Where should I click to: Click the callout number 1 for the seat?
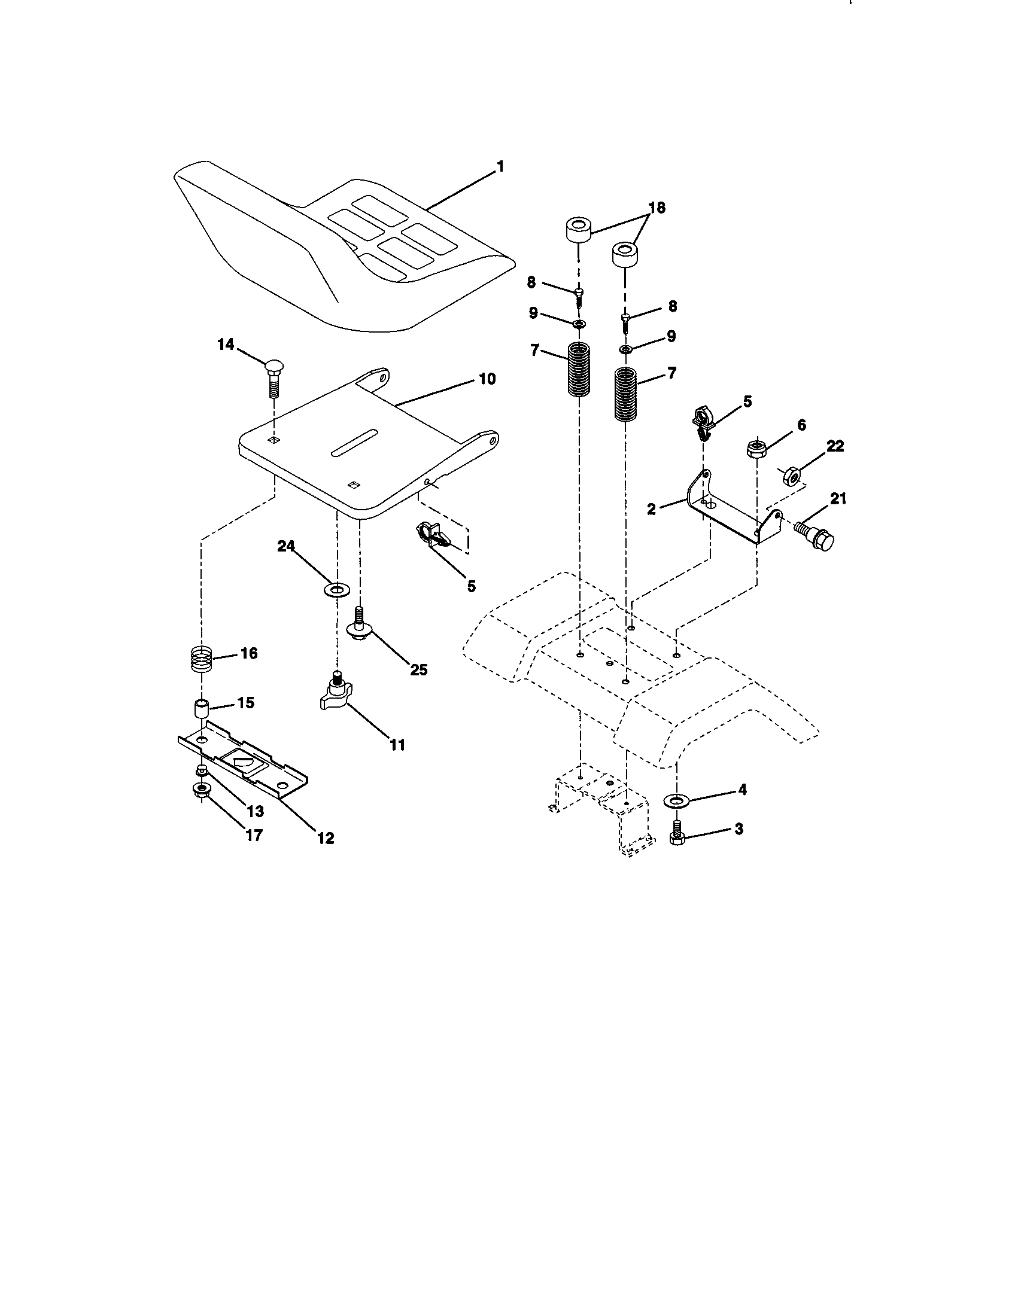tap(500, 166)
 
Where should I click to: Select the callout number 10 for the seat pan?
tap(487, 379)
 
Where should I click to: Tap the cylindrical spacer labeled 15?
tap(200, 708)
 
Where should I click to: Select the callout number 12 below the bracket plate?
tap(326, 837)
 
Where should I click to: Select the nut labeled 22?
tap(792, 476)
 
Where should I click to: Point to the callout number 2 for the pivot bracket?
tap(651, 508)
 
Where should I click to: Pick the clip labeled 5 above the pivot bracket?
tap(703, 421)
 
